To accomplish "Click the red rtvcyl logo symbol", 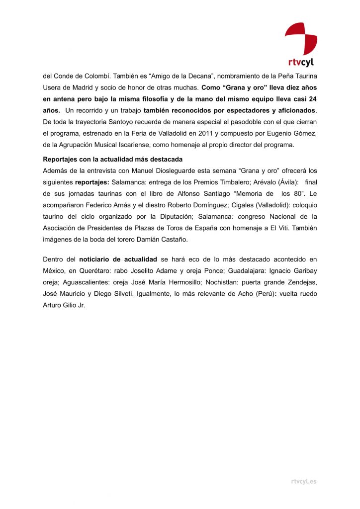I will (x=301, y=39).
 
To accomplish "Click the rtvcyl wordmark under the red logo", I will (x=301, y=63).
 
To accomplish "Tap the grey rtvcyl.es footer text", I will (x=303, y=481).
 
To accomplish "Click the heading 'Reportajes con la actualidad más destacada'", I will (x=113, y=159).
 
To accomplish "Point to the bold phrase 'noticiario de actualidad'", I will (x=118, y=259).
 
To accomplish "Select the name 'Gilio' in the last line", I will (x=71, y=305).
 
